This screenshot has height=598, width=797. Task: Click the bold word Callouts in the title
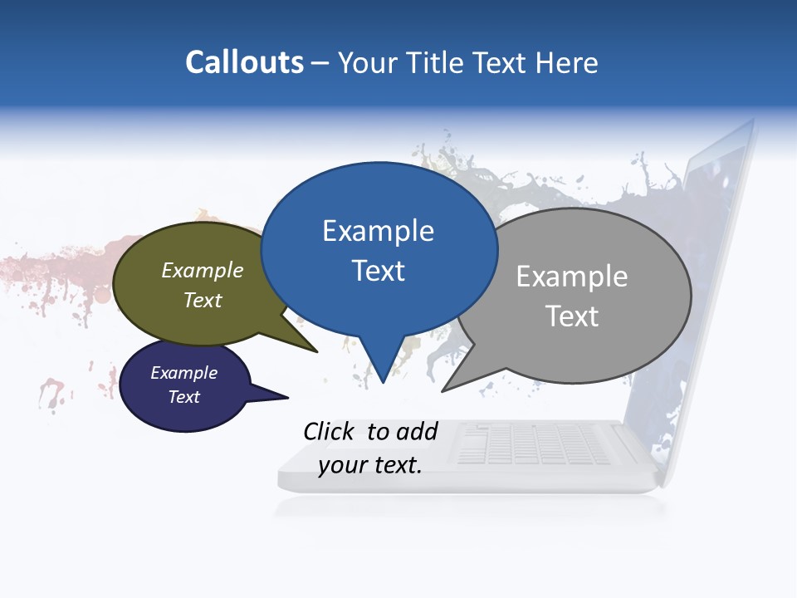point(244,62)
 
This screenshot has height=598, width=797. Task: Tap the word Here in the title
point(567,62)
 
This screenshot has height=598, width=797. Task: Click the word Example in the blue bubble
point(378,231)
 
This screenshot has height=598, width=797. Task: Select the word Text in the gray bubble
point(571,316)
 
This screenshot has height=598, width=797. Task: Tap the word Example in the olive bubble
point(203,271)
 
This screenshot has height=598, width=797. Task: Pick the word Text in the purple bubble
point(184,397)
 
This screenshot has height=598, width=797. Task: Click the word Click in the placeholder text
point(330,431)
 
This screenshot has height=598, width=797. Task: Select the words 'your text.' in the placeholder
point(370,465)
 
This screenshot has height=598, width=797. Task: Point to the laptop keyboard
point(531,444)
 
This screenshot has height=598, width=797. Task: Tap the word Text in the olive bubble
point(203,300)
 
